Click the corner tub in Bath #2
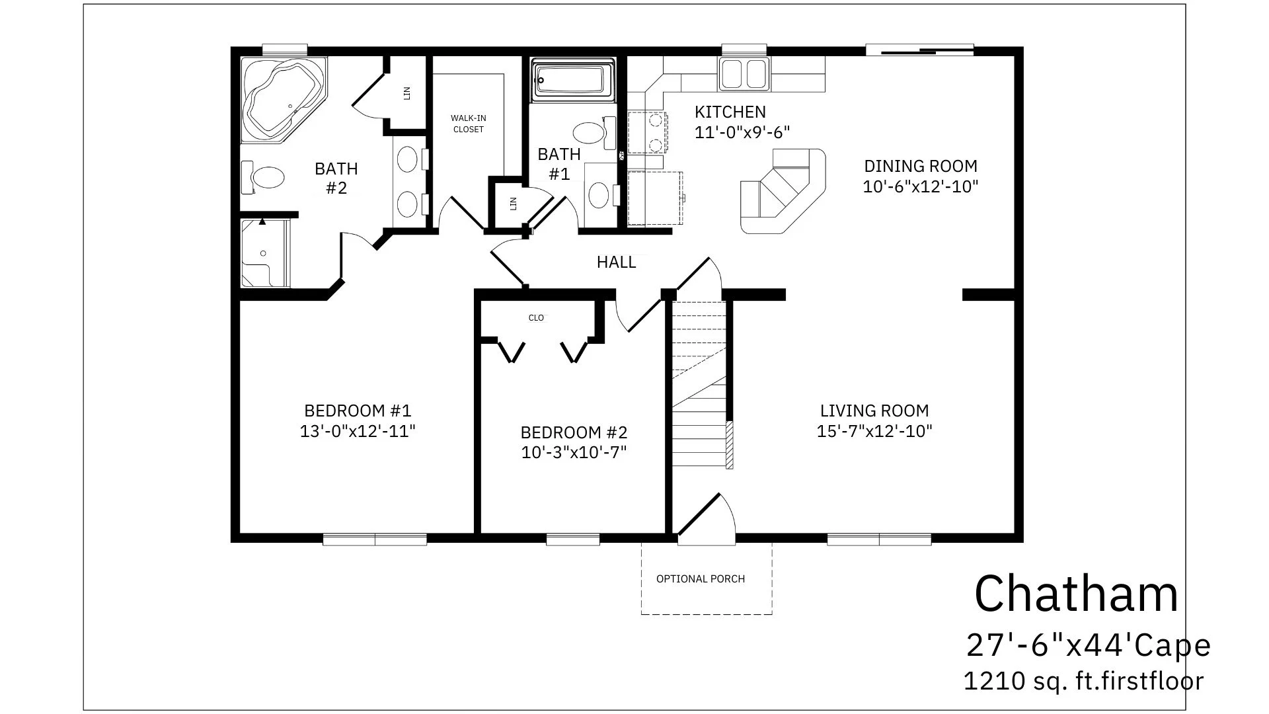point(284,99)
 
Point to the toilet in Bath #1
point(594,132)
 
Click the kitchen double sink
point(744,73)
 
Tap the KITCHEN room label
point(730,112)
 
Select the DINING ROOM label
point(921,166)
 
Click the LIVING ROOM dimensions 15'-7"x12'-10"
point(874,432)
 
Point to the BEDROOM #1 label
point(358,411)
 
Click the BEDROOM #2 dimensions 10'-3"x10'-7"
point(574,453)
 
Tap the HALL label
point(616,262)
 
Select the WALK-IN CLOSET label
point(469,124)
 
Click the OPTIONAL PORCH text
point(701,579)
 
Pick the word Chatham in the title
point(1077,594)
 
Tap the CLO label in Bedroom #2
point(536,318)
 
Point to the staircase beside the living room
point(700,383)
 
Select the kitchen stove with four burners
point(647,132)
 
